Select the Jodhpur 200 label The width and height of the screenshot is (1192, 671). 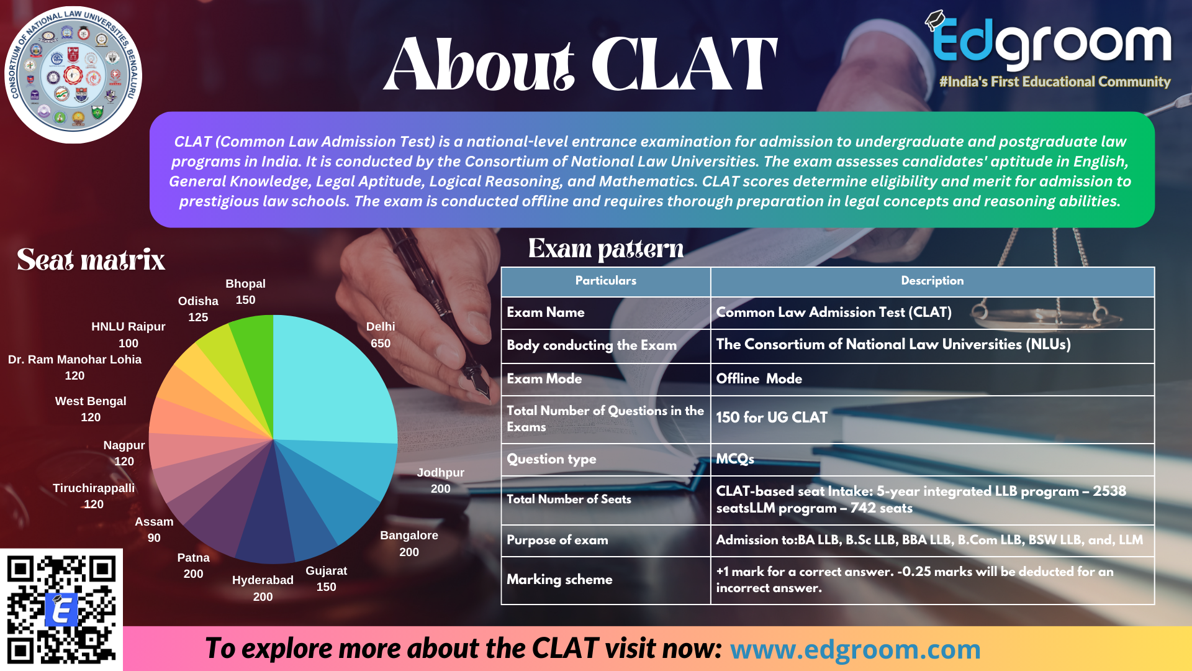pyautogui.click(x=440, y=480)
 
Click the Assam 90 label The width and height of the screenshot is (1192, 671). pyautogui.click(x=154, y=529)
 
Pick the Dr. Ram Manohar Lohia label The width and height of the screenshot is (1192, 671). pyautogui.click(x=74, y=367)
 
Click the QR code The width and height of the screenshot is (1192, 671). pyautogui.click(x=61, y=609)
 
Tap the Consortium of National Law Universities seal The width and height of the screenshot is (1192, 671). pyautogui.click(x=73, y=75)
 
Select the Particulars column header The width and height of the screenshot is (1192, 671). pyautogui.click(x=605, y=281)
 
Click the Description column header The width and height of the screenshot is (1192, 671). pyautogui.click(x=932, y=281)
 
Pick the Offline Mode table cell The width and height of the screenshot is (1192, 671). pyautogui.click(x=759, y=378)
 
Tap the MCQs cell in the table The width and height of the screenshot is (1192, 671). pyautogui.click(x=735, y=459)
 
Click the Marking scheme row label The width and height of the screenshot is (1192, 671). pyautogui.click(x=559, y=580)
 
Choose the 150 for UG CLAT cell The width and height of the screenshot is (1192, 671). pyautogui.click(x=772, y=418)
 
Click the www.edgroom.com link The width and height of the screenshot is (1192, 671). pyautogui.click(x=855, y=649)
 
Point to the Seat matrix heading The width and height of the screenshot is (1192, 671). pyautogui.click(x=91, y=260)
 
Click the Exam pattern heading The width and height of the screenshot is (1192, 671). pyautogui.click(x=606, y=249)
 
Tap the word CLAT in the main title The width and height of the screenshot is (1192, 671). pyautogui.click(x=684, y=64)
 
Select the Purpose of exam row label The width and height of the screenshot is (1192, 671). pyautogui.click(x=557, y=541)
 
